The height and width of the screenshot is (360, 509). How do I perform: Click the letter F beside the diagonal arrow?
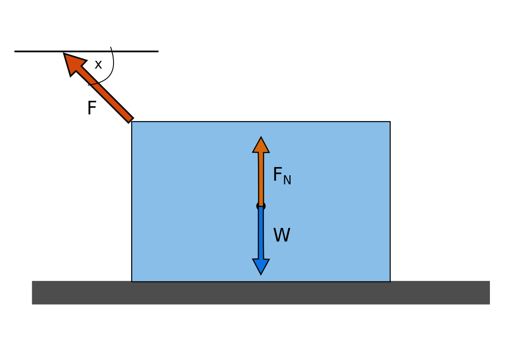91,108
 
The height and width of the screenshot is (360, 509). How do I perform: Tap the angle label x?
98,65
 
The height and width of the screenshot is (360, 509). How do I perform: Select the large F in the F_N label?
277,175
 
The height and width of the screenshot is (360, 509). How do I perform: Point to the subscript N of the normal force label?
287,181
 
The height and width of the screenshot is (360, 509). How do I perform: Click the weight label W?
282,236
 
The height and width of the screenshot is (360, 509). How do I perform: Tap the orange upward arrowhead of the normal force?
261,145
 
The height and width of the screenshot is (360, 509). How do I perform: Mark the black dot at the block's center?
261,206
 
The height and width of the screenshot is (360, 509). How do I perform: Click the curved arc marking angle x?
112,68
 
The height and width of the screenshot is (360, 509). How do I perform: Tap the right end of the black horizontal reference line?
157,51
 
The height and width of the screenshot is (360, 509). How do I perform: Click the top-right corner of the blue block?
390,122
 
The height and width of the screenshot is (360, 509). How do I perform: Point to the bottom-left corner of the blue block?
132,281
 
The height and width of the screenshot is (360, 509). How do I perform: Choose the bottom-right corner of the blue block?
390,281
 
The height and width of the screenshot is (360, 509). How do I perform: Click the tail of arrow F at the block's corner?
130,120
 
